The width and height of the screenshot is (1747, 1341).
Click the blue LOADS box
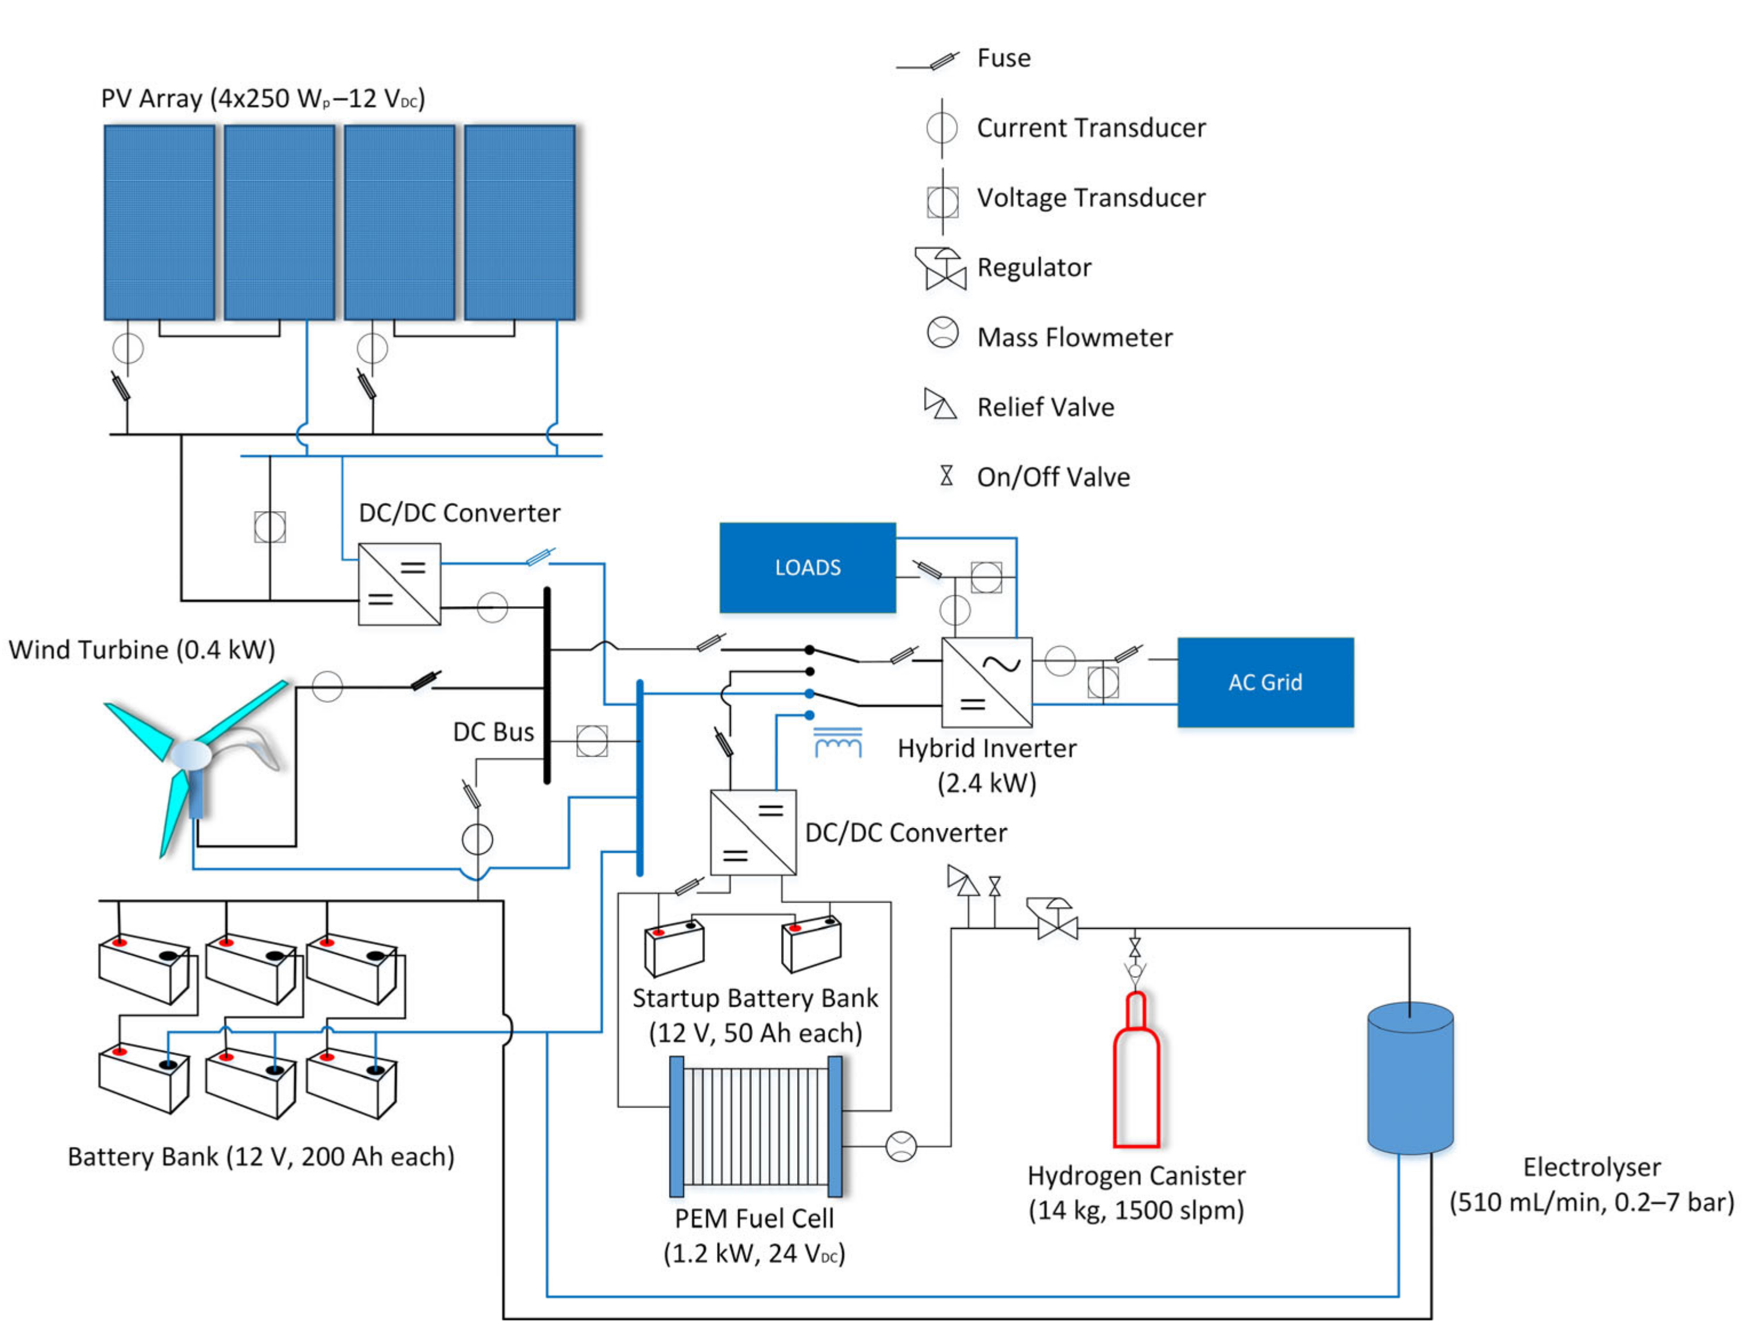click(806, 568)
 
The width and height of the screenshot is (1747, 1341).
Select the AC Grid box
click(1264, 682)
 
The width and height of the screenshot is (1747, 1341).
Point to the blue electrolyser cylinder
click(1409, 1078)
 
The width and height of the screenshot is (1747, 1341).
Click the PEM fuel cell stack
click(755, 1125)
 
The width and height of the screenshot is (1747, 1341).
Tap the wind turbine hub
click(192, 754)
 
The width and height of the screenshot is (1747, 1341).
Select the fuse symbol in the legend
click(942, 61)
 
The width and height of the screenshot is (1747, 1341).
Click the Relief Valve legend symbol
click(940, 404)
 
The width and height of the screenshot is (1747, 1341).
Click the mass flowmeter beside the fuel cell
click(901, 1146)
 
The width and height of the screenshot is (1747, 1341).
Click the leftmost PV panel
click(159, 223)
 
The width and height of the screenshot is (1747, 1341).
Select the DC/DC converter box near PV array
click(399, 584)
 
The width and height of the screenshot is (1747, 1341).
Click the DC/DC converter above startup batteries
click(752, 833)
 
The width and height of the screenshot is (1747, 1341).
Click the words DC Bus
click(493, 732)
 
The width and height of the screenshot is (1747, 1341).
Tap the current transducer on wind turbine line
click(326, 686)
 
